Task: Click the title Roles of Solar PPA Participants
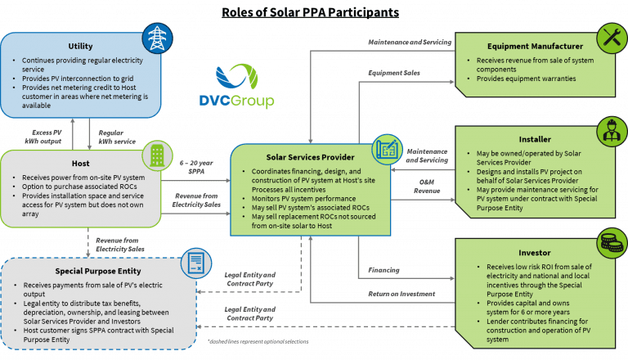point(311,12)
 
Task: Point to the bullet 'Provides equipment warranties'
point(523,79)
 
